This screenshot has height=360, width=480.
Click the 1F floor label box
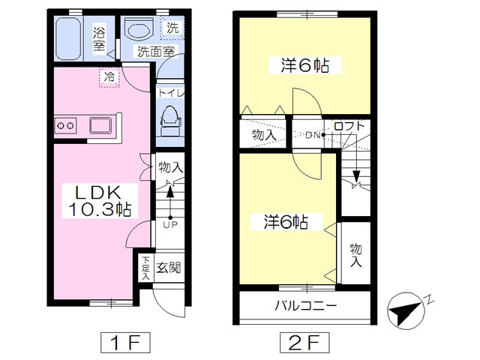click(x=125, y=343)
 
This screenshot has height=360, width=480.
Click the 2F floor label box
click(x=304, y=343)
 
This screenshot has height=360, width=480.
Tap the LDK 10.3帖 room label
click(x=100, y=201)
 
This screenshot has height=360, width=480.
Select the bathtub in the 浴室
click(x=68, y=38)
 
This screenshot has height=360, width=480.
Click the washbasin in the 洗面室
click(x=139, y=28)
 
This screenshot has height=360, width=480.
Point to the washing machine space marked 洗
click(x=172, y=28)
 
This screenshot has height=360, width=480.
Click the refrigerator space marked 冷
click(x=109, y=77)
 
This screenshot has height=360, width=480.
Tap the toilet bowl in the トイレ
click(x=170, y=121)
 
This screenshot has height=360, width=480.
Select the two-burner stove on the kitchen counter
click(x=65, y=125)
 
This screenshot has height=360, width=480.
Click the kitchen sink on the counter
click(x=100, y=125)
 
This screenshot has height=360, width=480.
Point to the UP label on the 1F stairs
click(x=170, y=225)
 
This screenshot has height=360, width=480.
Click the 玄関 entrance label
click(x=169, y=268)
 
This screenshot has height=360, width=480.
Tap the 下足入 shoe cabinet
click(x=145, y=268)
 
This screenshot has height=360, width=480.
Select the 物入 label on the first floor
click(x=170, y=167)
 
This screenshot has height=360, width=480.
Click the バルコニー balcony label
click(x=305, y=305)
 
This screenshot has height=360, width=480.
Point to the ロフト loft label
click(x=349, y=126)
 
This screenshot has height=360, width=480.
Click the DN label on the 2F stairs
click(x=313, y=135)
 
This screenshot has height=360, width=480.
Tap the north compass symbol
click(x=406, y=310)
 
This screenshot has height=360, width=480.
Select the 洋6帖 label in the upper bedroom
click(x=305, y=65)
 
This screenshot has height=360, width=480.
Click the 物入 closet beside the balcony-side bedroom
click(x=355, y=253)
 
